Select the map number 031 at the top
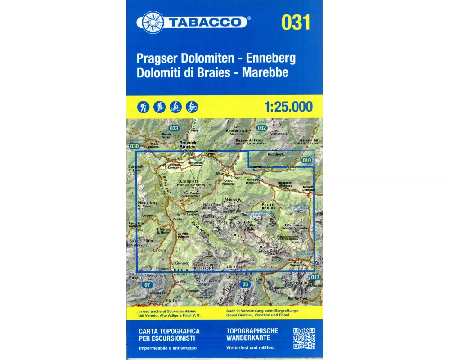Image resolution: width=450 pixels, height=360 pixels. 296,22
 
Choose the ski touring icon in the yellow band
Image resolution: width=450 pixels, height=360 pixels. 160,107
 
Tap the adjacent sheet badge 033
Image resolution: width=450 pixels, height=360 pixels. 174,128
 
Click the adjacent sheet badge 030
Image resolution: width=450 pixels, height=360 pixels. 134,146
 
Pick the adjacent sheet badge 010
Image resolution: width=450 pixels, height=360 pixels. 307,160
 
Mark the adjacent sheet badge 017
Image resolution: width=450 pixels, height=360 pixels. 315,277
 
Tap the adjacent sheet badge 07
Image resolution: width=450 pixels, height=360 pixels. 147,285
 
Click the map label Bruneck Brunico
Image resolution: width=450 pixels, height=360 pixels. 187,145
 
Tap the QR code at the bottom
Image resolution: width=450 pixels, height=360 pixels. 304,338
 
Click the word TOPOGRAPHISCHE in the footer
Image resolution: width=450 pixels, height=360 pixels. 252,331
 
